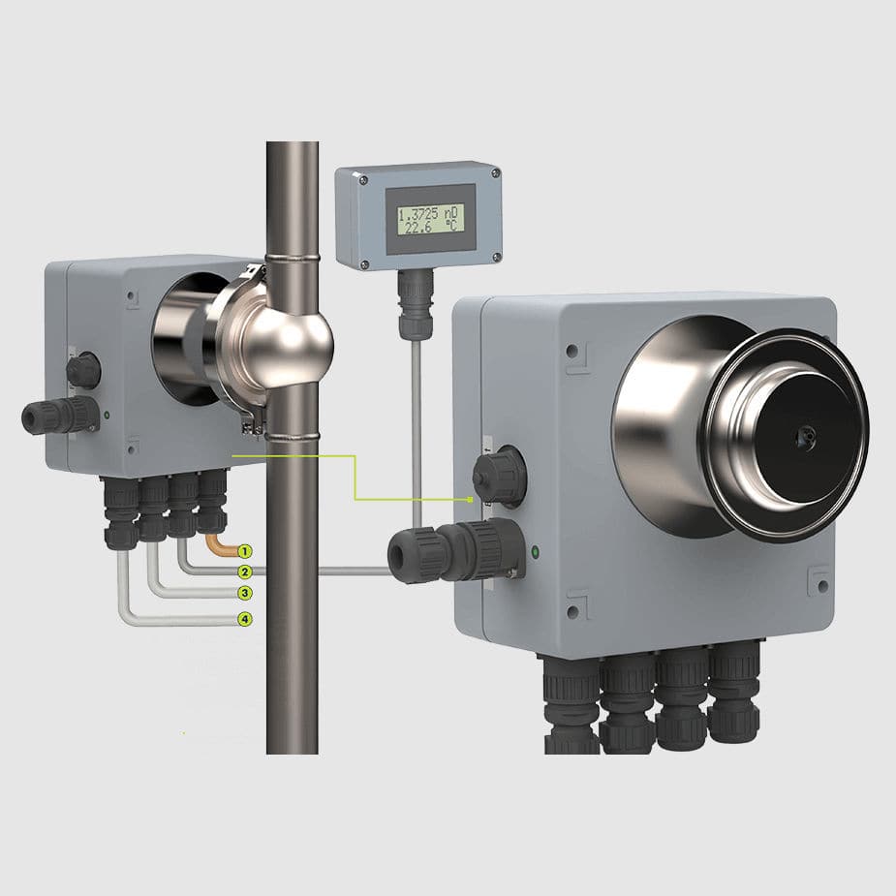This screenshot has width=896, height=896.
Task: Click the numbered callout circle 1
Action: [x=245, y=550]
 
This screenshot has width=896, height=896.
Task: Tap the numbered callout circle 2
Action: [x=245, y=572]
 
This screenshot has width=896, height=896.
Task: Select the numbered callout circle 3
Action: [x=245, y=593]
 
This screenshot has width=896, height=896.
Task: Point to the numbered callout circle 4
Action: [x=245, y=619]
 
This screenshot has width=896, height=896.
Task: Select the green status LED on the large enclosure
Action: [x=536, y=554]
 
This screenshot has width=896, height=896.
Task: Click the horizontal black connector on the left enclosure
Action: [x=61, y=416]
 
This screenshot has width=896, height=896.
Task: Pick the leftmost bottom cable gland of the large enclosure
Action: [x=572, y=703]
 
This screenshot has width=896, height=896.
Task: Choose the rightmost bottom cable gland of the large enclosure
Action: [x=734, y=692]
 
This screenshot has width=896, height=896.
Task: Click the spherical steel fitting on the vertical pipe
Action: [x=291, y=338]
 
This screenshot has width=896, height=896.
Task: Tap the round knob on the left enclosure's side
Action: [x=82, y=369]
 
